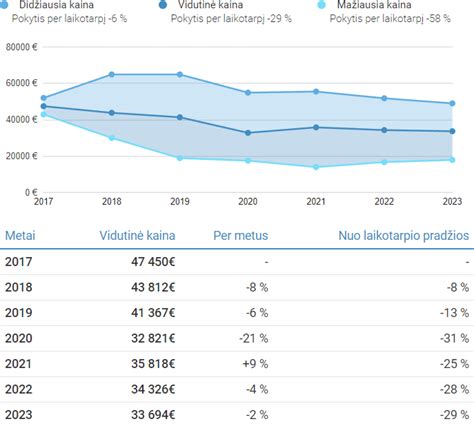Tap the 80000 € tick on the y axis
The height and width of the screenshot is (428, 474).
[21, 47]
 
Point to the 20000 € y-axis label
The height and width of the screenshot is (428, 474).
[21, 156]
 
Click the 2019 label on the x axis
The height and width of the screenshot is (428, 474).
[181, 201]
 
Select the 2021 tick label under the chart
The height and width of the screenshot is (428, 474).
[316, 201]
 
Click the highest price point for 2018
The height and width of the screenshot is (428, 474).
[111, 74]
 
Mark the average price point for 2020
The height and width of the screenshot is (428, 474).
[248, 133]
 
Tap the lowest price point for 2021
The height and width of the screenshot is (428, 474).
[316, 167]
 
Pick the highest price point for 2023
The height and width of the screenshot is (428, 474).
[452, 103]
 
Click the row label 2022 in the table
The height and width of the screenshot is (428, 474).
[20, 389]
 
